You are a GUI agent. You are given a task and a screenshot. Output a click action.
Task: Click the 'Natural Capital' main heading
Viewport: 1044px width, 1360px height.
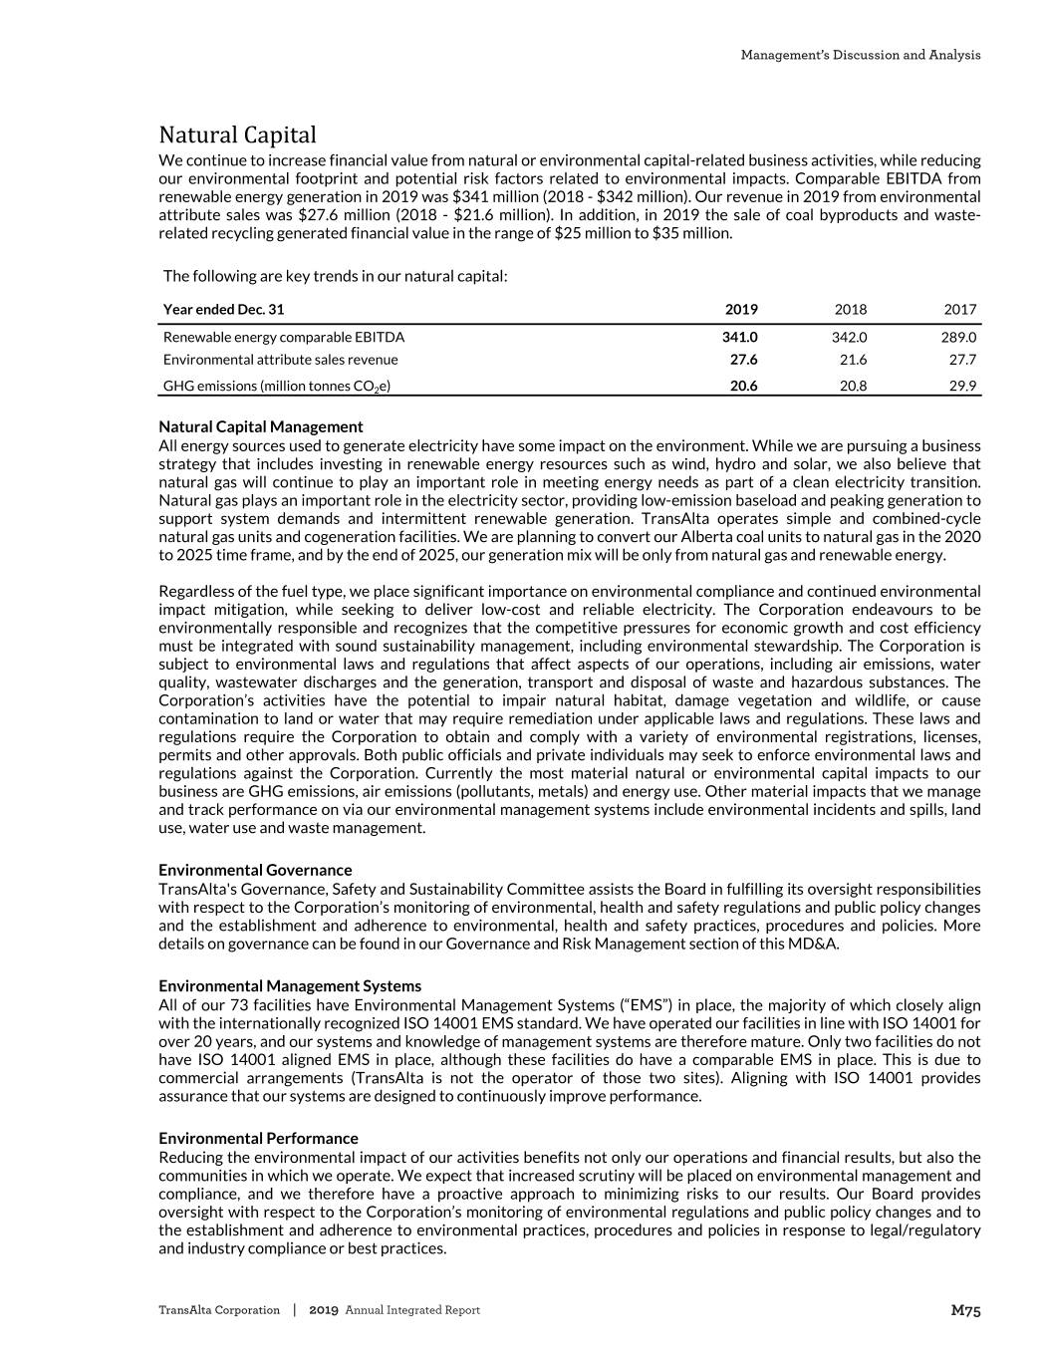click(237, 135)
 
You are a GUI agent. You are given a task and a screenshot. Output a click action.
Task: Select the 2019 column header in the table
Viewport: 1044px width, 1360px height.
click(741, 309)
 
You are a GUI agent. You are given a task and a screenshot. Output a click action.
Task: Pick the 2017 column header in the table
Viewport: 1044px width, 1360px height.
click(960, 309)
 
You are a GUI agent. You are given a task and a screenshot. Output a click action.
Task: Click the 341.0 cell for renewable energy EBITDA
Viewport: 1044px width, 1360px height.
click(739, 337)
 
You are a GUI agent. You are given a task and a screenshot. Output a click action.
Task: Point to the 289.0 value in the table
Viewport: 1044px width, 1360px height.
click(958, 337)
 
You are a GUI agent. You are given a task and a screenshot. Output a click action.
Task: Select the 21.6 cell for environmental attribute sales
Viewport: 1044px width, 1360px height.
click(853, 360)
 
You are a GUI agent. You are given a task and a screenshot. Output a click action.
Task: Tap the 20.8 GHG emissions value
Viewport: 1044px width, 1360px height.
click(853, 386)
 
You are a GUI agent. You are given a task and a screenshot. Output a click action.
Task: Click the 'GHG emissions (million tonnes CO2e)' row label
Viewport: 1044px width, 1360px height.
click(276, 386)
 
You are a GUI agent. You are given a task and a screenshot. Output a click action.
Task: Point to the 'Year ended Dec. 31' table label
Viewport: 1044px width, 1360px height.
click(223, 309)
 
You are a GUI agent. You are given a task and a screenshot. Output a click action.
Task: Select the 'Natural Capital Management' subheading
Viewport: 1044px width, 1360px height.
click(260, 426)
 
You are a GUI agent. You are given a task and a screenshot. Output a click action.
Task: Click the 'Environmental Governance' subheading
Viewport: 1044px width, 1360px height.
click(255, 870)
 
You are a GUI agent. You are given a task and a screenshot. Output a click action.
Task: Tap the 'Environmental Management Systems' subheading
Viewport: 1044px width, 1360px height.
click(290, 986)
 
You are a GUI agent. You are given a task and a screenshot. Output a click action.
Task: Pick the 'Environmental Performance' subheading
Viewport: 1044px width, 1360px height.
click(258, 1138)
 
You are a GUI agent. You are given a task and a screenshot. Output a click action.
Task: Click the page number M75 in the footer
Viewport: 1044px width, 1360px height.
click(965, 1311)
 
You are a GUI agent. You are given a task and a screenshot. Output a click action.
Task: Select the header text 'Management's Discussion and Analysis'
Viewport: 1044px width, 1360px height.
click(860, 55)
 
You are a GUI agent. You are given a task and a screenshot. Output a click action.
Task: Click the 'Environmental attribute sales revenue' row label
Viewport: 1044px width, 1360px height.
click(280, 360)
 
